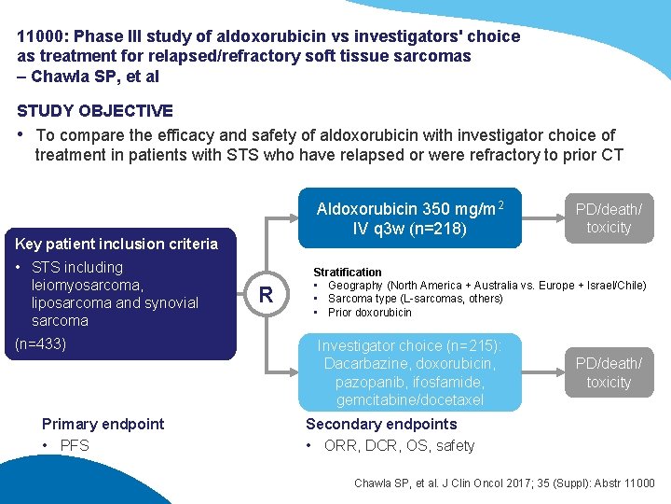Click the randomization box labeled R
tap(266, 296)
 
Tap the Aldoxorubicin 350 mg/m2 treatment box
tap(409, 218)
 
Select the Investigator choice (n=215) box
tap(410, 372)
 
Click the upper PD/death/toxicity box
tap(609, 218)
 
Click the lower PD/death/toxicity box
tap(609, 372)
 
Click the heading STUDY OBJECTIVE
tap(94, 111)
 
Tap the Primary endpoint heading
tap(103, 424)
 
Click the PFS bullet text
tap(75, 445)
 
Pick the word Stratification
tap(348, 272)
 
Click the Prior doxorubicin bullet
tap(370, 313)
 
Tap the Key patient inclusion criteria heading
tap(116, 244)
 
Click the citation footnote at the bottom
tap(504, 483)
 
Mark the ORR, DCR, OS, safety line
tap(399, 445)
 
